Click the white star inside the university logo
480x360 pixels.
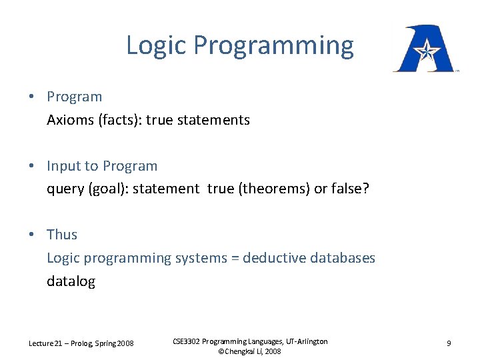424,49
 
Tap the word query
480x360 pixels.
65,189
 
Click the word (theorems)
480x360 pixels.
273,189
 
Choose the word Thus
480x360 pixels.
62,235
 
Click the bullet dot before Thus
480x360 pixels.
32,235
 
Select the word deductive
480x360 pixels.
275,258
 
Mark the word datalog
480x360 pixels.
71,281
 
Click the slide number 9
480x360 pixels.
449,343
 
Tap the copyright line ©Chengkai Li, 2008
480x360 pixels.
250,351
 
